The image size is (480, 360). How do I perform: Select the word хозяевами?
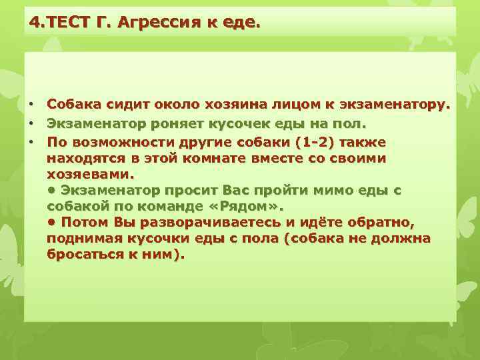[90, 175]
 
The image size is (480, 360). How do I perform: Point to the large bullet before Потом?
[51, 222]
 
